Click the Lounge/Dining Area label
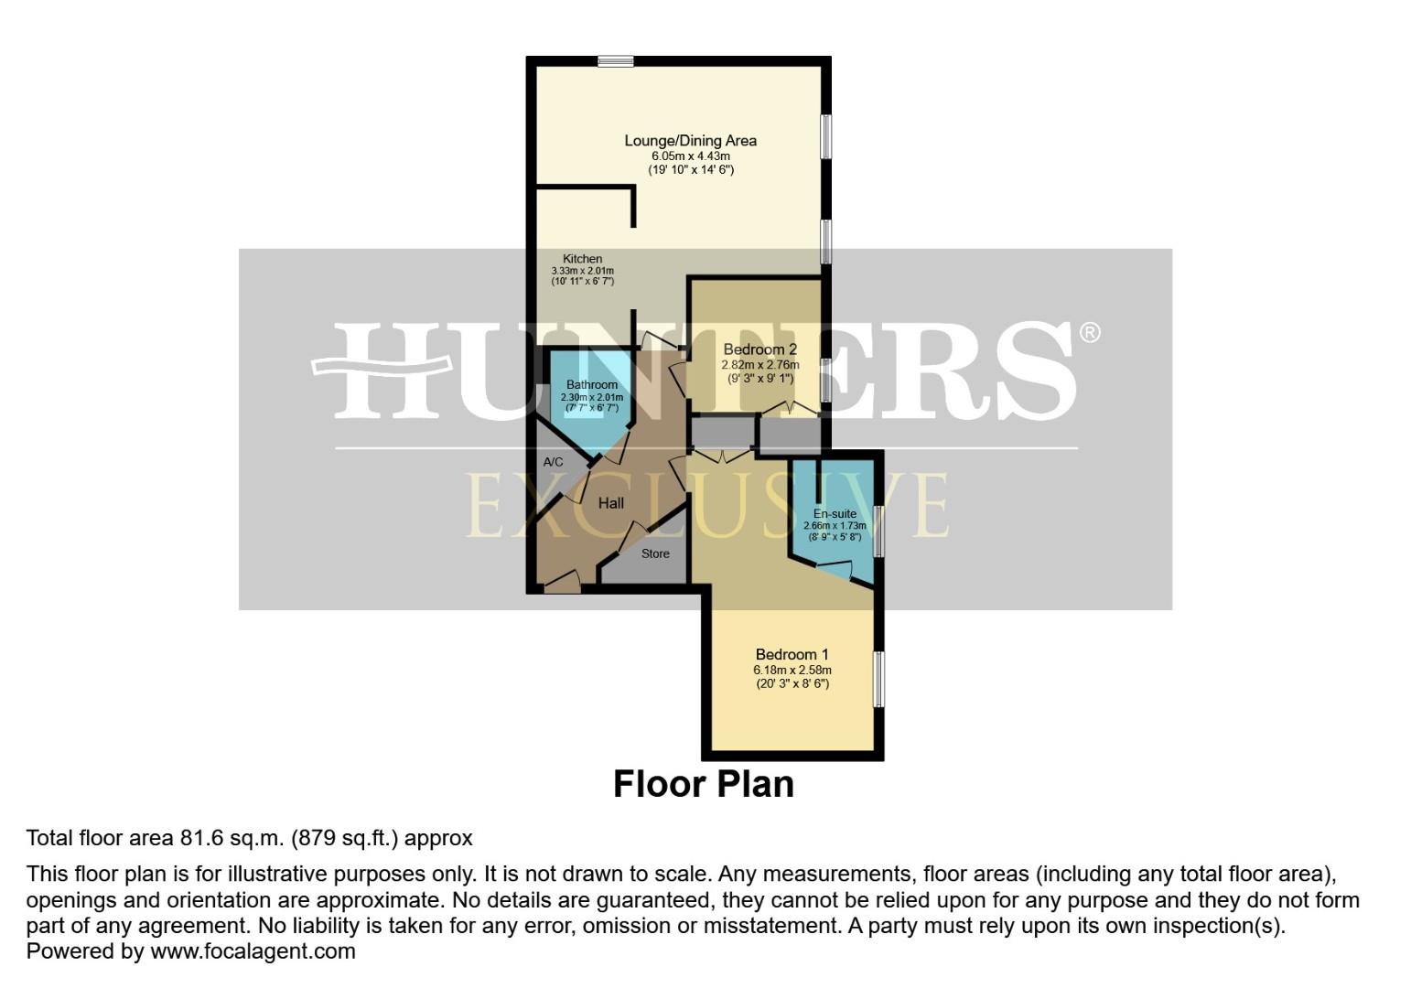[690, 141]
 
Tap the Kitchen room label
[582, 259]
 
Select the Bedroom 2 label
[759, 349]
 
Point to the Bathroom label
[591, 385]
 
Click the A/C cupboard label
[553, 462]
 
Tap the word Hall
[610, 503]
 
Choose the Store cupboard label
[655, 553]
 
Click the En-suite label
[835, 514]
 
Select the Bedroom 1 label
[792, 654]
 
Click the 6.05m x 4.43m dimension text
[690, 156]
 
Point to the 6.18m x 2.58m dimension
[792, 670]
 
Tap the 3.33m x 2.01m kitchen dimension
[582, 271]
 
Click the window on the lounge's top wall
[616, 61]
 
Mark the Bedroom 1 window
[878, 678]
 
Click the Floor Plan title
[703, 784]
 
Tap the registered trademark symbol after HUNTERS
[1089, 332]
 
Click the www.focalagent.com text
[253, 950]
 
